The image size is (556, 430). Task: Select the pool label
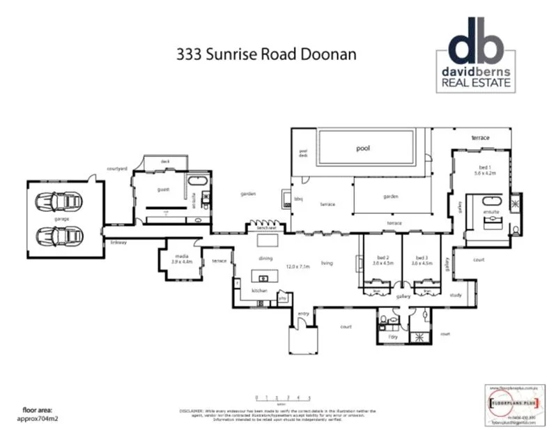pos(362,148)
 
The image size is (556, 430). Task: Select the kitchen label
pos(259,290)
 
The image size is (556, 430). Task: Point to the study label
pos(456,295)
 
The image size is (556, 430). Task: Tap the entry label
pos(303,314)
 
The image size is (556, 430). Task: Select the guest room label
pos(163,189)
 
